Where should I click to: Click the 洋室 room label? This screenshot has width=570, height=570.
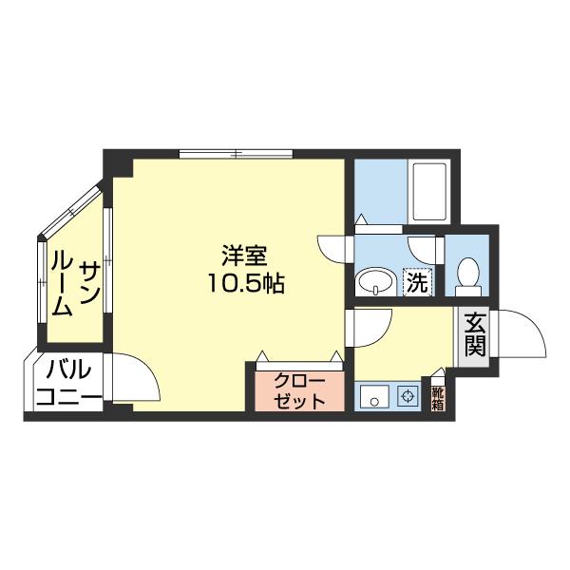[244, 256]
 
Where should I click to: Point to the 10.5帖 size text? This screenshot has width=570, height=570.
[244, 282]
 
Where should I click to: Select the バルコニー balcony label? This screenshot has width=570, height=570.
[66, 382]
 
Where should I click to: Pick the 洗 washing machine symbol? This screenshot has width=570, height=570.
[417, 280]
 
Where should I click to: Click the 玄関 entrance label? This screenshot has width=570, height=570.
[475, 334]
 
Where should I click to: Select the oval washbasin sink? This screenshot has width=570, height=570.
[375, 282]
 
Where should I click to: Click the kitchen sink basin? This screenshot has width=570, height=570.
[375, 397]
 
